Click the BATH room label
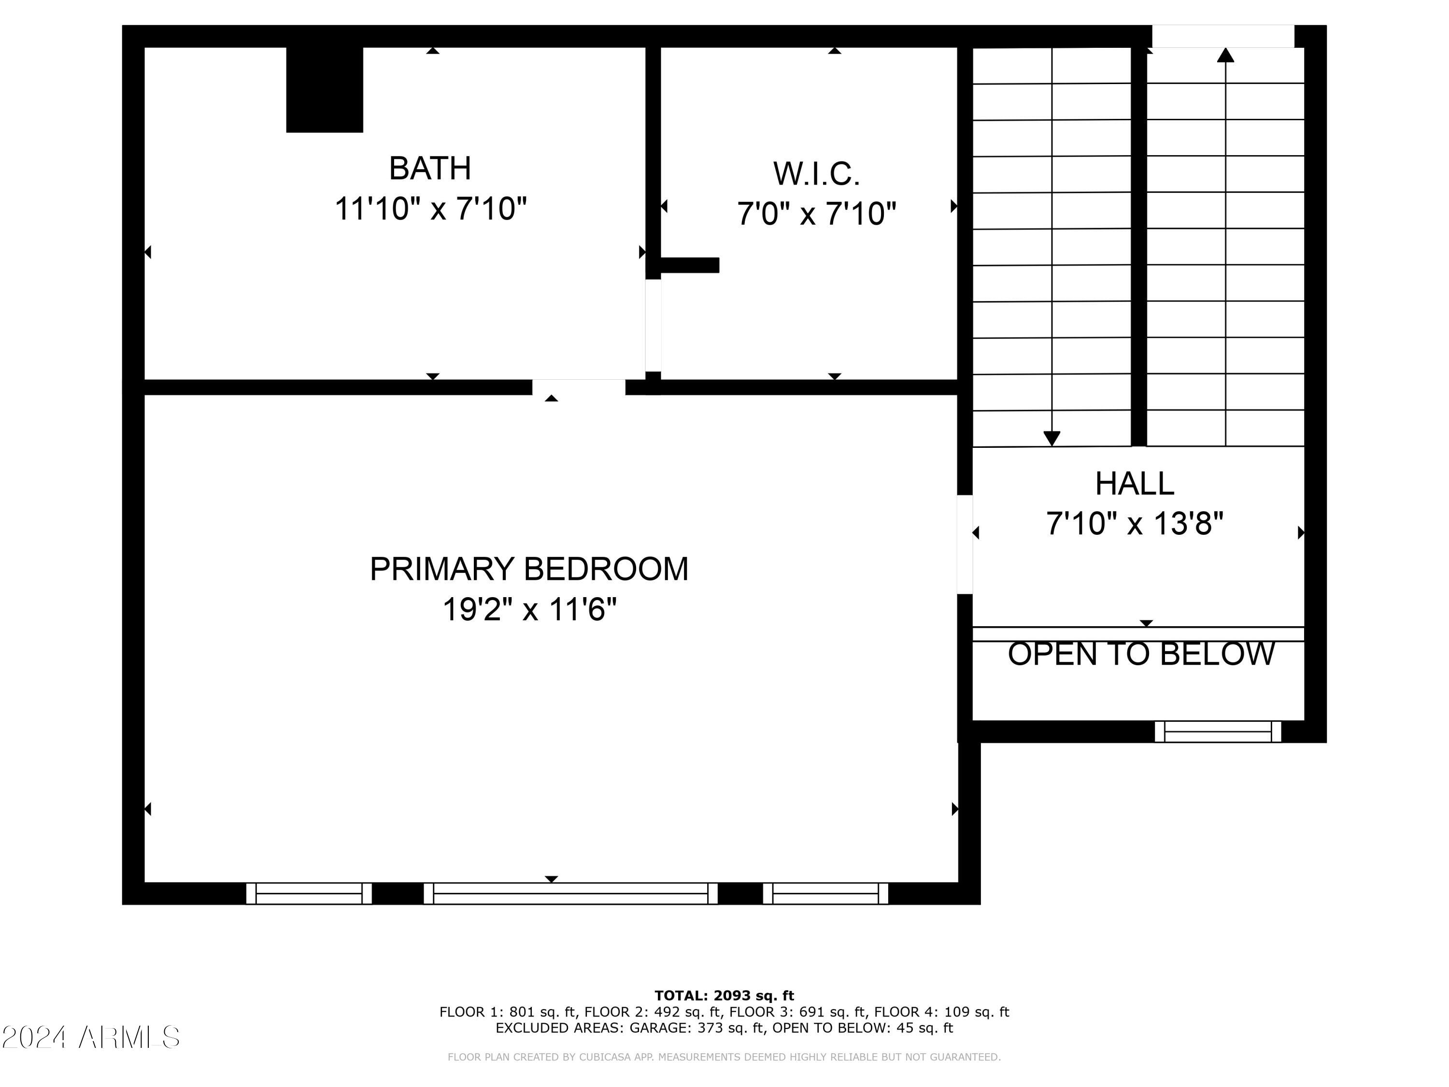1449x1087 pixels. pos(430,169)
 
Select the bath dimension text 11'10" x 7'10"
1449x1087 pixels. pos(430,209)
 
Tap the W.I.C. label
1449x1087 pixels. pos(816,173)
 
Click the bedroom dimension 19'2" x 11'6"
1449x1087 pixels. pos(529,609)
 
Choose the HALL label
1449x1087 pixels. pos(1135,484)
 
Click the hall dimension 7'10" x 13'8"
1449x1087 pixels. pos(1135,524)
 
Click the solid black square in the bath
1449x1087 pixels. pos(324,90)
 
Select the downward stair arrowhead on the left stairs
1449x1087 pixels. pos(1051,438)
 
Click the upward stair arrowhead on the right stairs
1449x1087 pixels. pos(1225,56)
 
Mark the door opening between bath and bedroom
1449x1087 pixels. pos(579,387)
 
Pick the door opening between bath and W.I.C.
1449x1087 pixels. pos(653,326)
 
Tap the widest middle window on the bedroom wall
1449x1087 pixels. pos(570,893)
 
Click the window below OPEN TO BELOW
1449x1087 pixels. pos(1217,731)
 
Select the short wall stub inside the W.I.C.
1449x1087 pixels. pos(689,265)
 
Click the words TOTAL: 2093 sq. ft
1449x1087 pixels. pos(724,996)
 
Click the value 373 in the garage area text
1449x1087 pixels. pos(713,1028)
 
